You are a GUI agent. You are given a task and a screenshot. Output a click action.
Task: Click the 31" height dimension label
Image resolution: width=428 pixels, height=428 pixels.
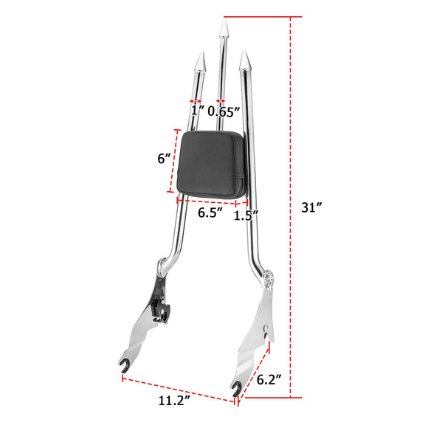(313, 207)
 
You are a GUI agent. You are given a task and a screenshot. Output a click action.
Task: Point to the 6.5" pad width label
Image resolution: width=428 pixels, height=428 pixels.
(210, 213)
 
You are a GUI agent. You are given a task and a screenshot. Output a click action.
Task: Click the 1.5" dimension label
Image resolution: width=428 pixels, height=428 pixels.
(246, 215)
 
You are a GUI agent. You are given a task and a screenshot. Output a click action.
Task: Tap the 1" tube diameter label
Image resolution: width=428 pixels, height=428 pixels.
(196, 112)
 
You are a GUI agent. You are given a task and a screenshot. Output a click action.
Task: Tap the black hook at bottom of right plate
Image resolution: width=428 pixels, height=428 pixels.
(236, 387)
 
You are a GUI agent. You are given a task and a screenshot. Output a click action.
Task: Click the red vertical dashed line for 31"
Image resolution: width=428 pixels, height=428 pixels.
(291, 207)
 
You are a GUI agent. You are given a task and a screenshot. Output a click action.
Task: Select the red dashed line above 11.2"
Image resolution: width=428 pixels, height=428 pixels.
(177, 390)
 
